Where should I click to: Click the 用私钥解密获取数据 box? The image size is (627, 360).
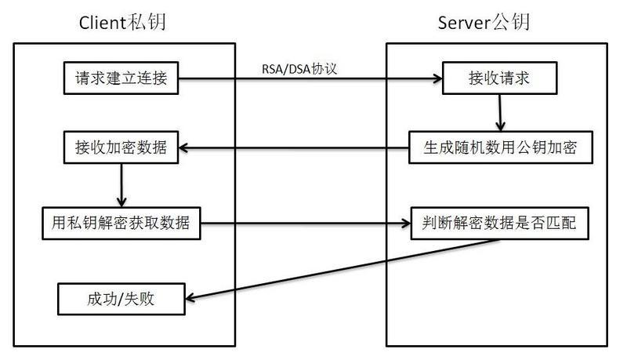(121, 223)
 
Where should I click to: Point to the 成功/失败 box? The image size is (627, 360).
(121, 298)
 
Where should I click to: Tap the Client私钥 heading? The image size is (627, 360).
(122, 22)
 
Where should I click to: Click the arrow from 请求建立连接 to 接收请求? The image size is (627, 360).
(313, 78)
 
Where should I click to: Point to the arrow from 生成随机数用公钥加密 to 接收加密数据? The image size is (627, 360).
(294, 147)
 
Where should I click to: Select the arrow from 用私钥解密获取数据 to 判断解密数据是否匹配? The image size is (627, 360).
(306, 223)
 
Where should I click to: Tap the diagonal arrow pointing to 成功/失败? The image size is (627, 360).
(345, 269)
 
